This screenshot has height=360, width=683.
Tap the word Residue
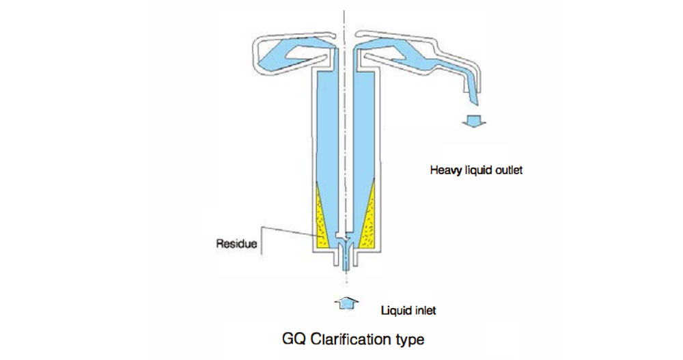(x=236, y=243)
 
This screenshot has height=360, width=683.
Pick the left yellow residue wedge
(x=322, y=217)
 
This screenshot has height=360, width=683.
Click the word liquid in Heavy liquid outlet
(x=475, y=170)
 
